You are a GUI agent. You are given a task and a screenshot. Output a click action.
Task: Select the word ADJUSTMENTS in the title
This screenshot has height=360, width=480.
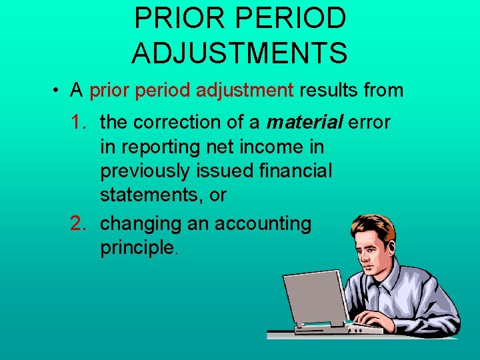[239, 53]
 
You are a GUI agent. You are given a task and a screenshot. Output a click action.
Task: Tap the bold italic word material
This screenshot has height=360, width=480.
[304, 123]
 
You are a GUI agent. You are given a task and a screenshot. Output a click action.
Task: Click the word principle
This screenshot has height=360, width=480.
[137, 248]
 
